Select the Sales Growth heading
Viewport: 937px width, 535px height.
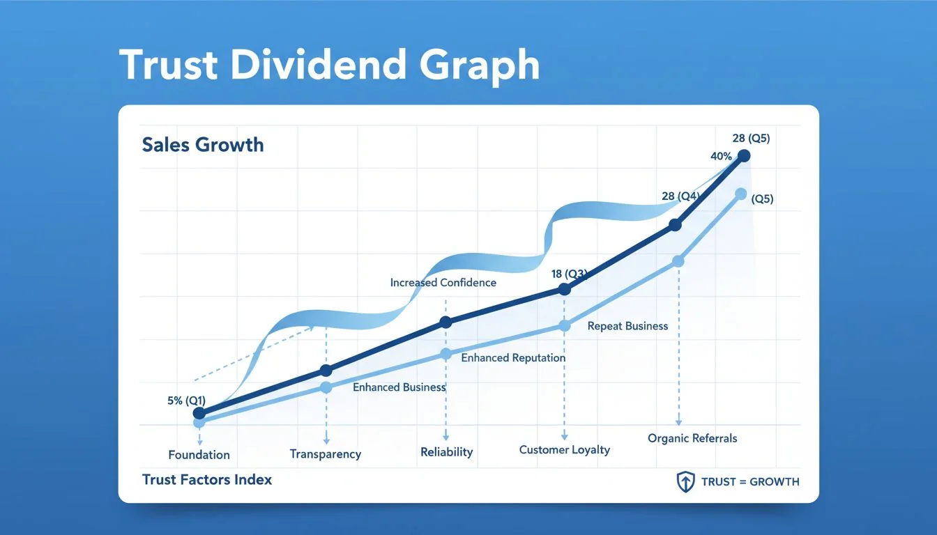click(203, 145)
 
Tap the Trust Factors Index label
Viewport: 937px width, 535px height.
click(207, 479)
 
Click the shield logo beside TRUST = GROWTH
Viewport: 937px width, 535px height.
click(686, 481)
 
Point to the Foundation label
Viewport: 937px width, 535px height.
click(199, 455)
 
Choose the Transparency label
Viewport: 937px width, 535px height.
click(326, 454)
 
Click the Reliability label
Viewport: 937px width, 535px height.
click(446, 452)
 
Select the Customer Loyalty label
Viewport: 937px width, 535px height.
click(564, 450)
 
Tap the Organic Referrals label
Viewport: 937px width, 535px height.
click(692, 438)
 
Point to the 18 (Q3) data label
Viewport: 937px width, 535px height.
click(569, 274)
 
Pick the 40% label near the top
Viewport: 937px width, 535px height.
click(721, 156)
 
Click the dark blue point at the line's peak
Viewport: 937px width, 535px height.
click(743, 155)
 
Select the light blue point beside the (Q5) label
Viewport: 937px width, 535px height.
click(740, 194)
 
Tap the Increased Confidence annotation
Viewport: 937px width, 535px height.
click(443, 283)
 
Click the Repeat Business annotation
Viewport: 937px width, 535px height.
click(627, 325)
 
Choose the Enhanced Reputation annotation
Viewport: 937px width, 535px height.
click(513, 357)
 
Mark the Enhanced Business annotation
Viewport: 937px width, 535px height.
click(399, 387)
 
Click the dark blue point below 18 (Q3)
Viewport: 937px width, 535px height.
click(565, 290)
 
